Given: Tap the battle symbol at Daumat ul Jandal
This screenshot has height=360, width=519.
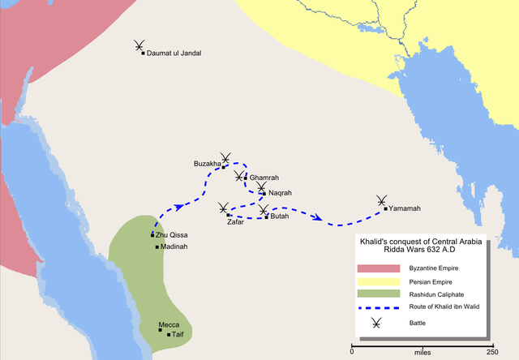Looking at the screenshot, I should click(x=140, y=46).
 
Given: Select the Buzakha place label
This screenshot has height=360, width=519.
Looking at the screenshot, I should click(x=207, y=164).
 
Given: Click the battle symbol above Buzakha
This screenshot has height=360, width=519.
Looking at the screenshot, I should click(x=226, y=157).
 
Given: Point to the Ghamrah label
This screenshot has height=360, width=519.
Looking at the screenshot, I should click(x=264, y=177).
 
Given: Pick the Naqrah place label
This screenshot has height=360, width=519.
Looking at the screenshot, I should click(x=280, y=193).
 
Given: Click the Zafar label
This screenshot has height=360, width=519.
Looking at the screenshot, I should click(x=235, y=221).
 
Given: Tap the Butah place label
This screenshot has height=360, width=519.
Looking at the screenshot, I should click(x=279, y=216).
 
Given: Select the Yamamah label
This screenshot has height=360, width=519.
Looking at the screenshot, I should click(x=405, y=208).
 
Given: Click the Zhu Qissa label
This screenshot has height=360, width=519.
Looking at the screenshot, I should click(x=173, y=235).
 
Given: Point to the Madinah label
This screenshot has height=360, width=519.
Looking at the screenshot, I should click(x=174, y=246).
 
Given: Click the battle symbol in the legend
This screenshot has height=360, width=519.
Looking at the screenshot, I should click(x=377, y=324).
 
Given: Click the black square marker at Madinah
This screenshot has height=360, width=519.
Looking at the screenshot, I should click(x=157, y=246).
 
